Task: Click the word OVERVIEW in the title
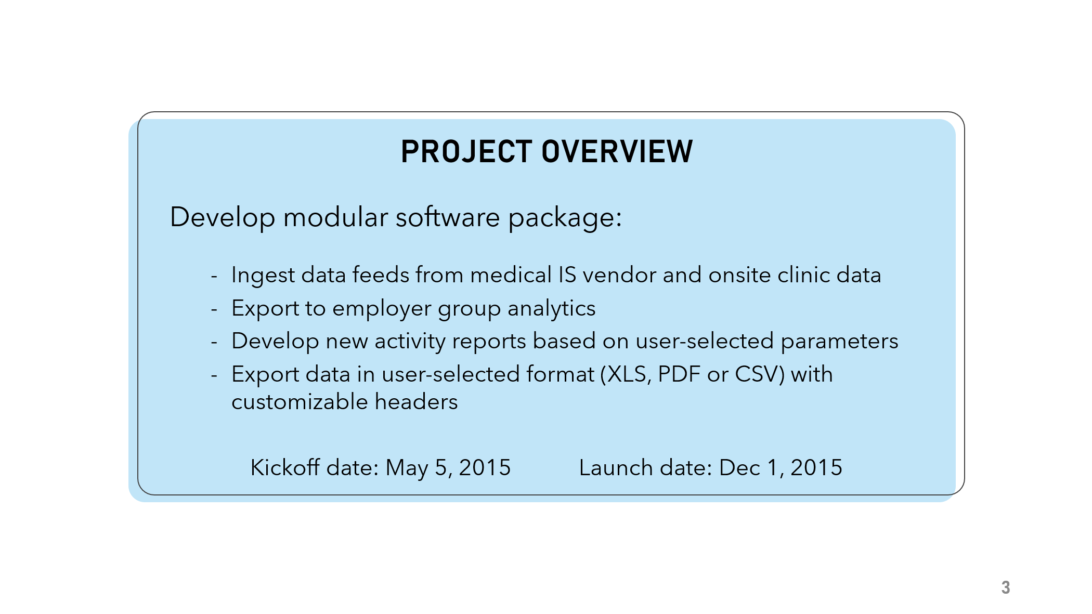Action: [x=617, y=152]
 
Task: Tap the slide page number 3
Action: [x=1006, y=587]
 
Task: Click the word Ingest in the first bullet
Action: [x=263, y=275]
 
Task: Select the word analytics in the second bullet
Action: [x=551, y=309]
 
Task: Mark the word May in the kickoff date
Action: [x=407, y=468]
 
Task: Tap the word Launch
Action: [x=616, y=467]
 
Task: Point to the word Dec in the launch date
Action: [x=739, y=467]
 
